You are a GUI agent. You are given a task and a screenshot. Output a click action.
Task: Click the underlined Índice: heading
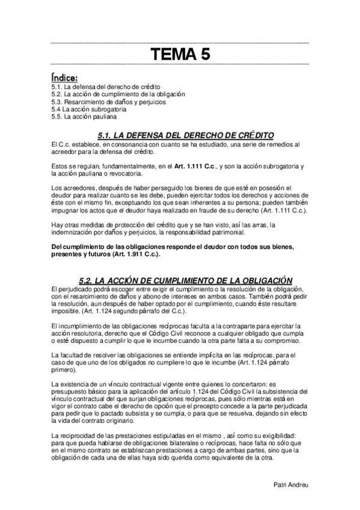tap(64, 77)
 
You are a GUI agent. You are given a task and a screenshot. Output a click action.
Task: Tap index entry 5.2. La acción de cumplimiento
tap(118, 94)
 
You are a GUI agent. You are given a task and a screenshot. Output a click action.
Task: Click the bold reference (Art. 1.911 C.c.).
tap(133, 254)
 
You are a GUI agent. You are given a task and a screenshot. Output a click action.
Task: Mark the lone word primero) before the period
tap(65, 369)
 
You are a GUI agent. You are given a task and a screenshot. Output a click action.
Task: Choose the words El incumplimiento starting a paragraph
tap(78, 326)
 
